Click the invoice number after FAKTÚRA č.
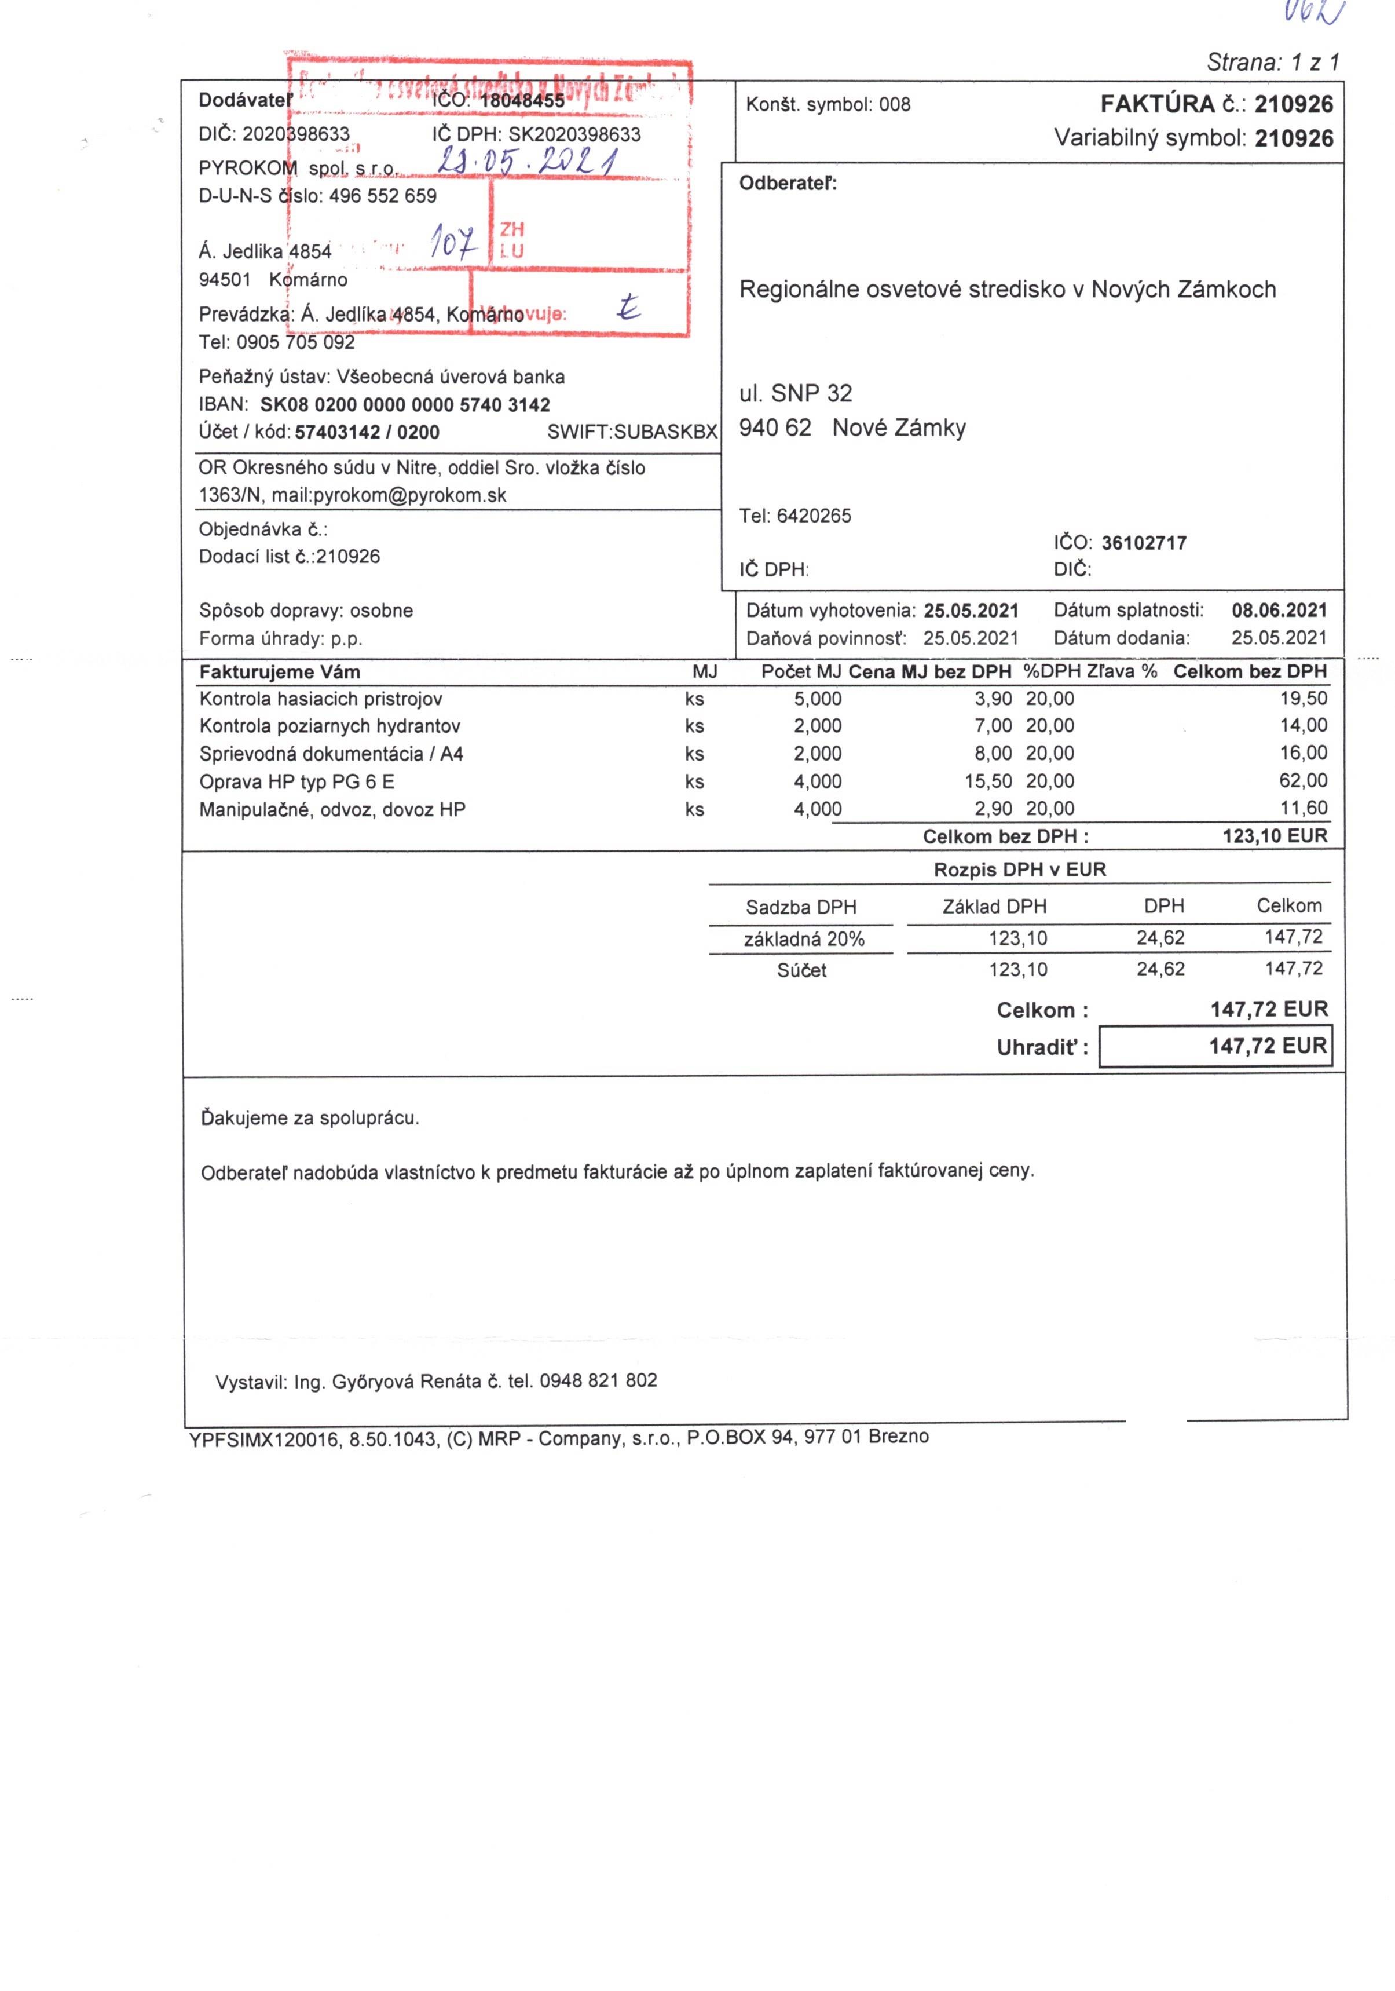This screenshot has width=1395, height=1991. coord(1293,105)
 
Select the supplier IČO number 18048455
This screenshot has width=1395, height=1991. coord(522,101)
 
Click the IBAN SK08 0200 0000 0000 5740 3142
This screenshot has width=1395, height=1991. coord(405,405)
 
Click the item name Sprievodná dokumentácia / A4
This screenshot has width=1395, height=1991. coord(331,754)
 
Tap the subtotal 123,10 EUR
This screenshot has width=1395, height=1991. coord(1275,836)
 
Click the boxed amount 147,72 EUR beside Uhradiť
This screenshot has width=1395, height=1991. coord(1268,1047)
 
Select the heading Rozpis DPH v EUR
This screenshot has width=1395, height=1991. coord(1020,870)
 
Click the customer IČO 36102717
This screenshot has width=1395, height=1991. coord(1144,544)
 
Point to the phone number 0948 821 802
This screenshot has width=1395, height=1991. coord(598,1380)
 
